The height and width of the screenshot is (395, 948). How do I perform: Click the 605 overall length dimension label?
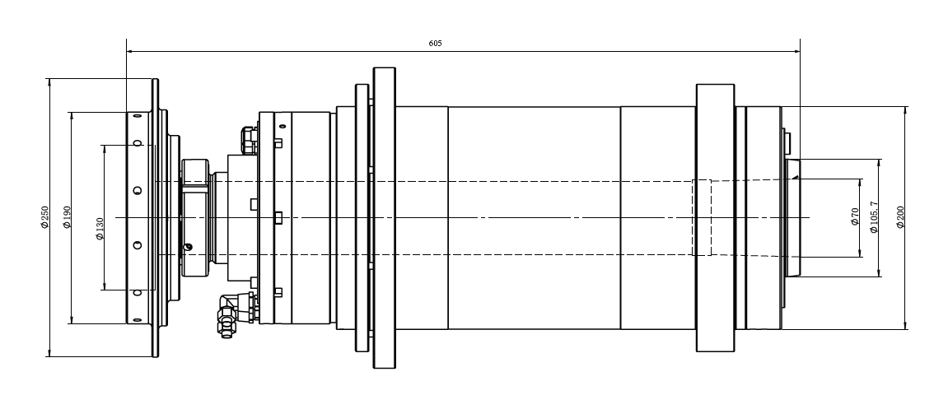[435, 43]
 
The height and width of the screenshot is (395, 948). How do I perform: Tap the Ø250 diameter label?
[44, 217]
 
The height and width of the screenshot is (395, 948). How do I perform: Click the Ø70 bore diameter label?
[855, 217]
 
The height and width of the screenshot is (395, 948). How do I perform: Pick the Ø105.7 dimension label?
[875, 217]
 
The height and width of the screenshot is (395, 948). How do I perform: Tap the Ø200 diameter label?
[900, 217]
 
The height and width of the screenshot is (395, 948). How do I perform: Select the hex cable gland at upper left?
[248, 139]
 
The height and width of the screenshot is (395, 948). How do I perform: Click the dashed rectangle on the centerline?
[701, 217]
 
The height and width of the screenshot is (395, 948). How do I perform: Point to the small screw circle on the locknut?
[189, 247]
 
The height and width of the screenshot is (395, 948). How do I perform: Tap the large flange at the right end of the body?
[715, 217]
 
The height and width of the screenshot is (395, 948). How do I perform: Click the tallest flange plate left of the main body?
[385, 217]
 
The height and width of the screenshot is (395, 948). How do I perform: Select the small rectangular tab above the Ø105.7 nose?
[787, 142]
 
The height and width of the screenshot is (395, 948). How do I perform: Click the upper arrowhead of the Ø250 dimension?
[50, 81]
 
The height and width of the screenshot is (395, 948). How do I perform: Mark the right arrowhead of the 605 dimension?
[796, 51]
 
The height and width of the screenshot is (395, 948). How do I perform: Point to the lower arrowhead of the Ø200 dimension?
[905, 325]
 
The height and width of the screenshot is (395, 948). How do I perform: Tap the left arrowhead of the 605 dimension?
[130, 51]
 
